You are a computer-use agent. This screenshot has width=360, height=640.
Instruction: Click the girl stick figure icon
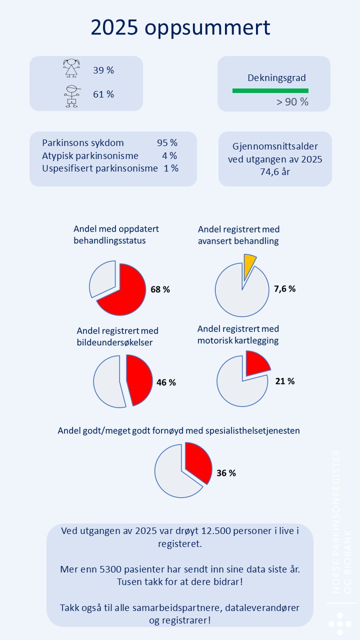click(71, 68)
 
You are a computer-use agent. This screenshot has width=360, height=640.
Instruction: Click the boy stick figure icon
click(72, 96)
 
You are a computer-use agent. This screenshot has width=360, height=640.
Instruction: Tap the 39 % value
click(103, 70)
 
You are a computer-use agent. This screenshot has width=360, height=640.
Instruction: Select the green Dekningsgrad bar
click(270, 90)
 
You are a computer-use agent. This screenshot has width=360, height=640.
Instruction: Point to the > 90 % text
click(292, 102)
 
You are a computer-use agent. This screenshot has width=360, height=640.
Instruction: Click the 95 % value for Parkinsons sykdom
click(167, 142)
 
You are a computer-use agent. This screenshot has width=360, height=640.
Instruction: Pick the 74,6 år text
click(275, 171)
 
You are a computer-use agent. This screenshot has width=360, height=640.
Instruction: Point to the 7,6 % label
click(285, 289)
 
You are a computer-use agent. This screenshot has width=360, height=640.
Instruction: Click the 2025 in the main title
click(114, 27)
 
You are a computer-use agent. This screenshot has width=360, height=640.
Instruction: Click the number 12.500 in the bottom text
click(216, 531)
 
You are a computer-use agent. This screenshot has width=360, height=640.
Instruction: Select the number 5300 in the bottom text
click(110, 569)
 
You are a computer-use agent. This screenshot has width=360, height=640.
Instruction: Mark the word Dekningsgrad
click(276, 78)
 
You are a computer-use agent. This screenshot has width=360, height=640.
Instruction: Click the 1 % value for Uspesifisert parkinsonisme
click(171, 168)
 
